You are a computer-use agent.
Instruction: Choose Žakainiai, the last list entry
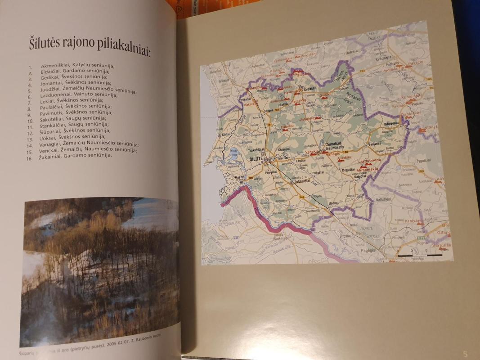click(52, 156)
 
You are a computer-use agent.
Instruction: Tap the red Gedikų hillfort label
click(325, 95)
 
